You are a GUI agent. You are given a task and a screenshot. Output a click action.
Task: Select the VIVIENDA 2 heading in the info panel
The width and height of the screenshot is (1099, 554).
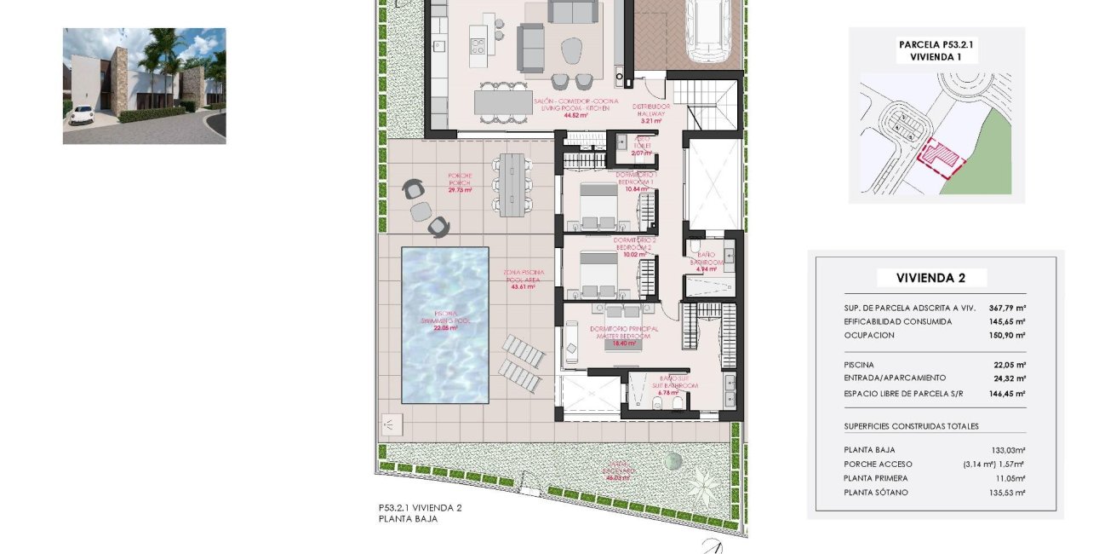click(x=930, y=278)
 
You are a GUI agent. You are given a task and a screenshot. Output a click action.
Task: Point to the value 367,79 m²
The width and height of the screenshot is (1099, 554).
click(x=1007, y=309)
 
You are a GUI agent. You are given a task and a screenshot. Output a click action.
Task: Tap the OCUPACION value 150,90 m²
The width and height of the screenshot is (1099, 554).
click(x=1007, y=335)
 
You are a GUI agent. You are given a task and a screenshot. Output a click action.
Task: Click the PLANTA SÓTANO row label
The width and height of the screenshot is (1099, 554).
click(x=876, y=493)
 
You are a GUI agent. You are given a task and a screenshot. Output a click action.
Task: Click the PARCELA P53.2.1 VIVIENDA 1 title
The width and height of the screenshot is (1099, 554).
click(x=936, y=50)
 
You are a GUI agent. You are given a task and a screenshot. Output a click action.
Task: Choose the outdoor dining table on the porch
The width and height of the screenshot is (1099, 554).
click(x=513, y=182)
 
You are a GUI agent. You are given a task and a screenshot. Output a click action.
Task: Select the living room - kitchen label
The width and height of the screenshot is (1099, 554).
click(x=576, y=107)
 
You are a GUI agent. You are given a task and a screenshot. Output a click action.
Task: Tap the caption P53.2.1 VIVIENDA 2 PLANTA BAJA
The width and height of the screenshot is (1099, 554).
click(x=420, y=512)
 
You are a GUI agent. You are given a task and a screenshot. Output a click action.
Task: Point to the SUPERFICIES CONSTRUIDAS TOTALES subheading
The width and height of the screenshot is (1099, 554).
click(x=911, y=426)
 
